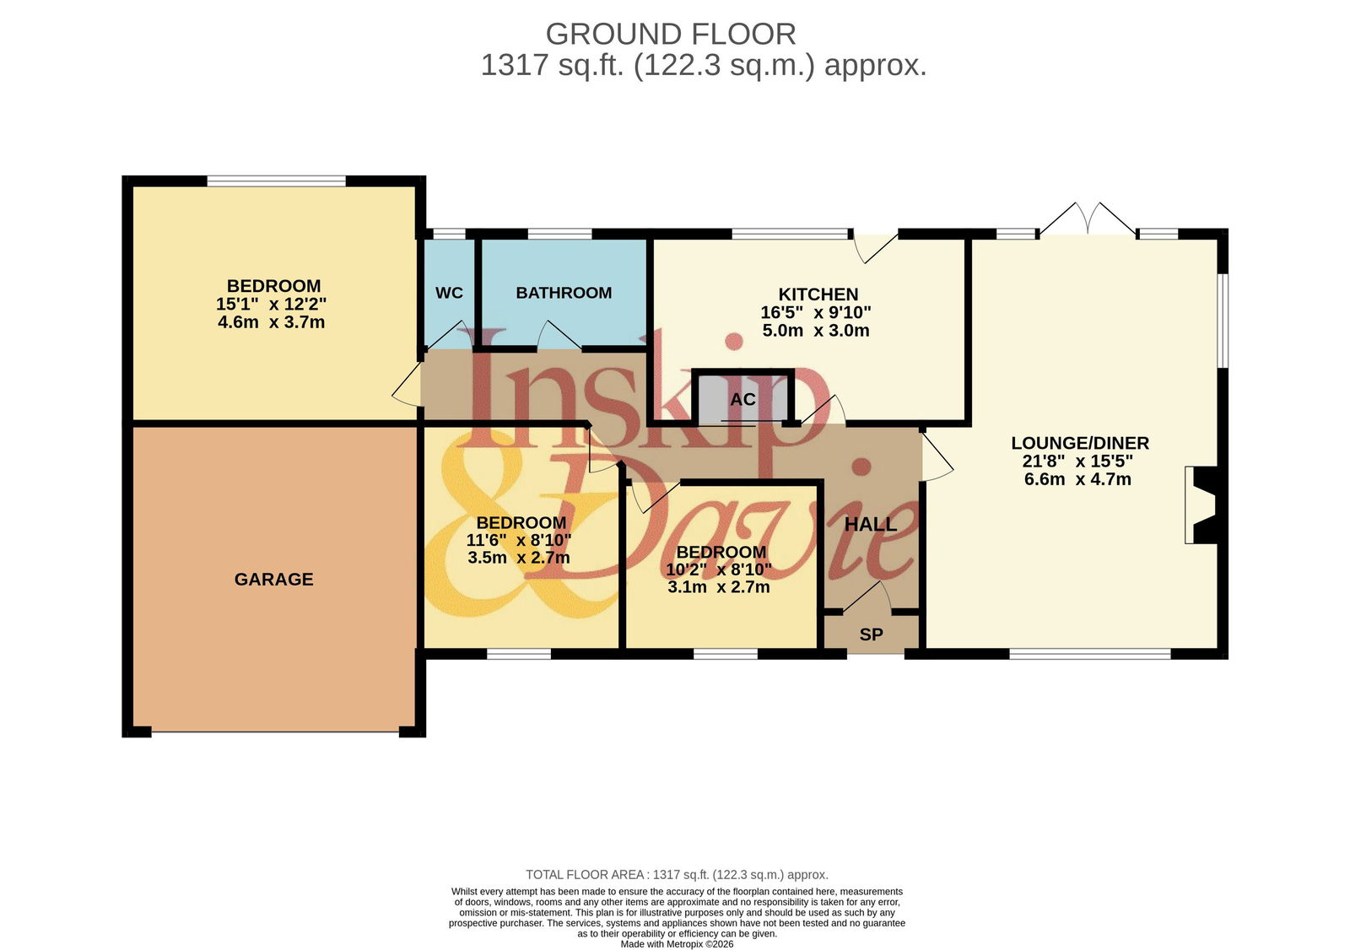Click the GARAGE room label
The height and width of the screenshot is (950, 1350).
273,580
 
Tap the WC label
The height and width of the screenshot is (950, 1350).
450,293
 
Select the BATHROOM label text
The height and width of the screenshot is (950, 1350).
564,293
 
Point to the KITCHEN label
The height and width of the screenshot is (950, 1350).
818,294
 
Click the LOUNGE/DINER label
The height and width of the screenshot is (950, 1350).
1080,444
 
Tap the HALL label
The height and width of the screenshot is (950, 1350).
871,525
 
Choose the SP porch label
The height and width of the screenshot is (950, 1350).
872,634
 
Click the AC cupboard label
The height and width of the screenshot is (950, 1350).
743,399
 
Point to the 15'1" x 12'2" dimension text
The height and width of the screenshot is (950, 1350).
271,304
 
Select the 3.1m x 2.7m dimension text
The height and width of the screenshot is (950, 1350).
718,587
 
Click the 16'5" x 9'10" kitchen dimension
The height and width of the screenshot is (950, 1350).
816,313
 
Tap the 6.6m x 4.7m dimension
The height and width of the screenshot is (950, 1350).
1077,480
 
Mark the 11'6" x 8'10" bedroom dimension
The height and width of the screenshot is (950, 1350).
519,540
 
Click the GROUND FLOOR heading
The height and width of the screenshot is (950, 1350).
671,35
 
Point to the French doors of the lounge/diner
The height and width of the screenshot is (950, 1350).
1088,219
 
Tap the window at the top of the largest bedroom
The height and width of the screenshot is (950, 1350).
277,181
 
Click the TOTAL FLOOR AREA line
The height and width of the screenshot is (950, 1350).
677,875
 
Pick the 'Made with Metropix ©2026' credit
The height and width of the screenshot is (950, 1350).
677,944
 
